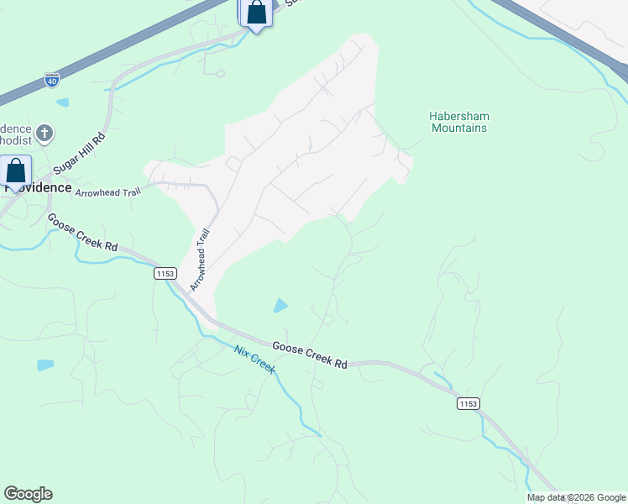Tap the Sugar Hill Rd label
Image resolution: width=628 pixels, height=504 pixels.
(x=79, y=154)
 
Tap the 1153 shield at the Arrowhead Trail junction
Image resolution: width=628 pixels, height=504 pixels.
(x=165, y=274)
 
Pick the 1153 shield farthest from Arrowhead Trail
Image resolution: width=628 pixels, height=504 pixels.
(x=468, y=404)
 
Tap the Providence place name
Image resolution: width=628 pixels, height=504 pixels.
(x=38, y=187)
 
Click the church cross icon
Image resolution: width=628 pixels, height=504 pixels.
(x=44, y=132)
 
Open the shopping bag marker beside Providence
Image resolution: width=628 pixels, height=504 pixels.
(x=16, y=171)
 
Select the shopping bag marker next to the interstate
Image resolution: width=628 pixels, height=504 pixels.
(x=256, y=13)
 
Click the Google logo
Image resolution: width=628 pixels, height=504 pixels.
(x=28, y=494)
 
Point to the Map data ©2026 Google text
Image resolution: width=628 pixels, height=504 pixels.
(x=576, y=497)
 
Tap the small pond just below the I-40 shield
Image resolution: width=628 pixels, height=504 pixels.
(x=63, y=102)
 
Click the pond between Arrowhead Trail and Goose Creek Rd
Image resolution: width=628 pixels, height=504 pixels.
(x=280, y=306)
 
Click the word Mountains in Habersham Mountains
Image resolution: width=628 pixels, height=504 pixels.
(x=459, y=129)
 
